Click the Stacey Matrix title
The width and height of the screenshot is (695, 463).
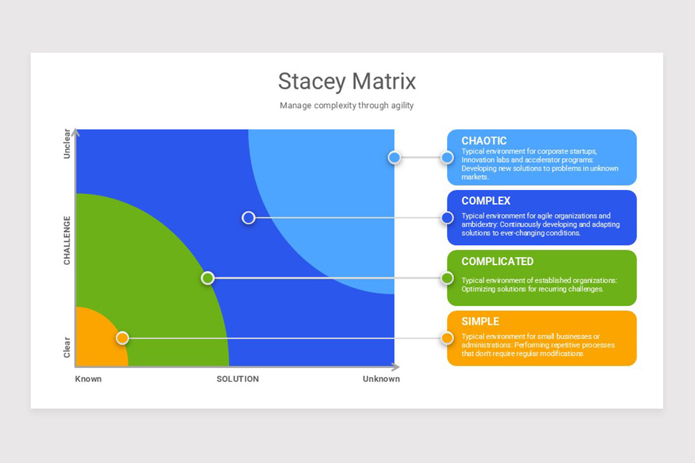tap(346, 81)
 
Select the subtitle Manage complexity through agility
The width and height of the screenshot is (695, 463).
tap(346, 105)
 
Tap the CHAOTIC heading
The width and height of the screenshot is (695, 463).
tap(484, 141)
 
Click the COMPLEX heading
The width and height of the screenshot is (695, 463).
tap(486, 201)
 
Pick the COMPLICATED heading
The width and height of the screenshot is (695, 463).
tap(498, 262)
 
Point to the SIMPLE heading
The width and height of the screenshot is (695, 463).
tap(480, 321)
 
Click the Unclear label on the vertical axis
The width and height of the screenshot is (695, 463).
tap(67, 144)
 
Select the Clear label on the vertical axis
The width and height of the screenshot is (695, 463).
tap(67, 347)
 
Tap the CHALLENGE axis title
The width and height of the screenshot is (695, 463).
tap(67, 240)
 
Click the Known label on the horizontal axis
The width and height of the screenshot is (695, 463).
tap(88, 379)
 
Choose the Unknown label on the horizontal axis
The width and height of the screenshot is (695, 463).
tap(381, 379)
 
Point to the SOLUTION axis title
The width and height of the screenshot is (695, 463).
tap(237, 379)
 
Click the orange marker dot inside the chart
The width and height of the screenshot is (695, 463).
tap(123, 338)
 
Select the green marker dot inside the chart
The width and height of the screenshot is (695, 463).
tap(207, 278)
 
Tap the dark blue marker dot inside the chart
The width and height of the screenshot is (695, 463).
tap(248, 218)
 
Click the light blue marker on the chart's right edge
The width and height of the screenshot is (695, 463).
tap(394, 157)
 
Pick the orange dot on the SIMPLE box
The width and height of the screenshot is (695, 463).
tap(447, 338)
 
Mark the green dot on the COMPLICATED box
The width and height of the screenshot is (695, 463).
tap(447, 278)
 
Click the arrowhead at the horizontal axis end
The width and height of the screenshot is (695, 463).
tap(396, 367)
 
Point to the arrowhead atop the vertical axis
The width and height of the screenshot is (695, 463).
tap(75, 133)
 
